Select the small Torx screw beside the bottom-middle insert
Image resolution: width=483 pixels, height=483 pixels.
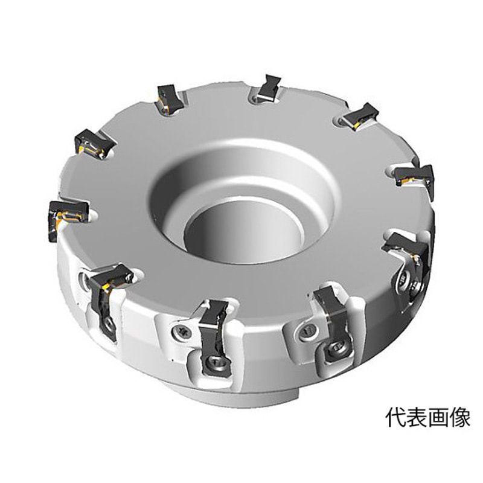point(182,331)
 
